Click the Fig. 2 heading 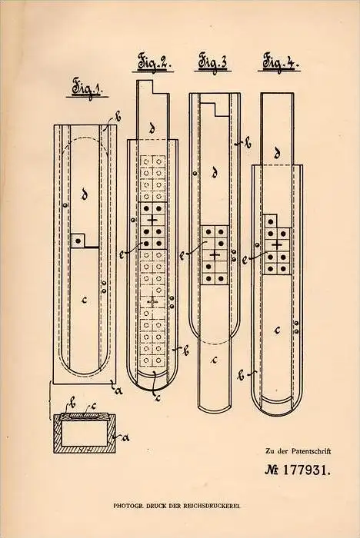point(153,63)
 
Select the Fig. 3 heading point(212,63)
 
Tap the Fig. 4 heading point(279,62)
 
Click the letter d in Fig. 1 point(84,195)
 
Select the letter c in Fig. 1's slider point(85,300)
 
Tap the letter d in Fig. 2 point(152,128)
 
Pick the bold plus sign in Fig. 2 point(152,219)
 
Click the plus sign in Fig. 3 point(215,255)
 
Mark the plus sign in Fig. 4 point(276,245)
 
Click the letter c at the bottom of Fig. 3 point(215,360)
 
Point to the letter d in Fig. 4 point(277,154)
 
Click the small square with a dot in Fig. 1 point(78,241)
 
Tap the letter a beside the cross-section point(125,437)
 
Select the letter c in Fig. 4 point(277,330)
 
